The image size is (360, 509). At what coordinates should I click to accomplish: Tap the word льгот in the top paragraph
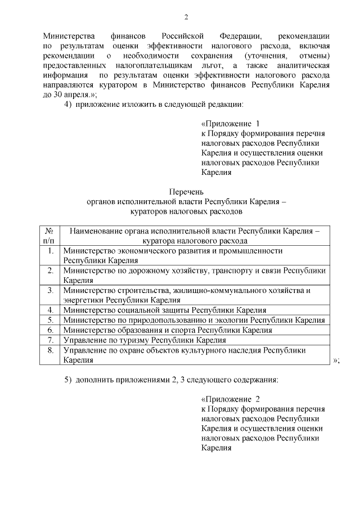point(206,65)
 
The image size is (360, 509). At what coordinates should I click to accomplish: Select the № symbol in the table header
point(49,231)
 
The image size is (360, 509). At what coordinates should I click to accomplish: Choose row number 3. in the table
point(50,290)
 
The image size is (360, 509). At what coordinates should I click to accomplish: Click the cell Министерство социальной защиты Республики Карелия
point(165,310)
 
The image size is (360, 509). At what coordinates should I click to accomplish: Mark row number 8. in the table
point(50,350)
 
